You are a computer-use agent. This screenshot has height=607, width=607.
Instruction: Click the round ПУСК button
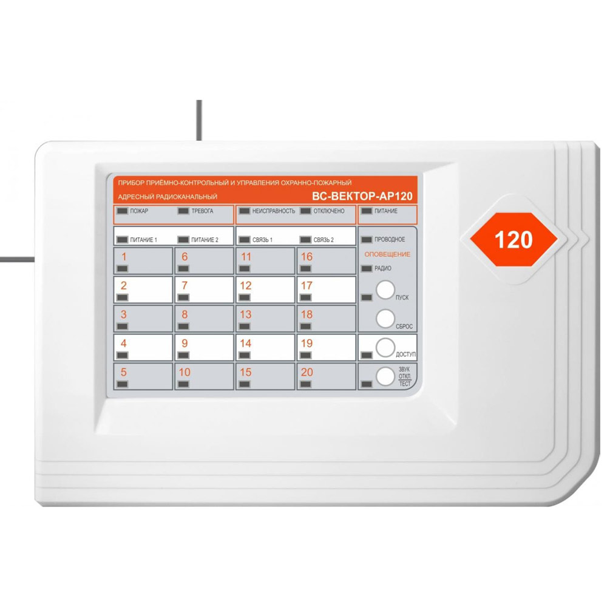tap(385, 290)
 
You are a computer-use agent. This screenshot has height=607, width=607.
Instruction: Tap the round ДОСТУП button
tap(385, 348)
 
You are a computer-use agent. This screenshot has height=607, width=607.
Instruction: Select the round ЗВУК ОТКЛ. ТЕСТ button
tap(385, 376)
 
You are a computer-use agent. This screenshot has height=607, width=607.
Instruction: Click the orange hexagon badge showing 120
tap(514, 240)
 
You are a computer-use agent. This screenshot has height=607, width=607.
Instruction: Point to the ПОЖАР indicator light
tap(123, 211)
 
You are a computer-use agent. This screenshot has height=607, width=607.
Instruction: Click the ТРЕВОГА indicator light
tap(183, 211)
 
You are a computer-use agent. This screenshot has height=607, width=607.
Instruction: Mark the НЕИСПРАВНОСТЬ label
tap(274, 211)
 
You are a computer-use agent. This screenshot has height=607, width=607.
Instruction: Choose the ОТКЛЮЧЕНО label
tap(329, 211)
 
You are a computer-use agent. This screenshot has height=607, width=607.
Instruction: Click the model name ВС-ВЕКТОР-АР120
tap(362, 196)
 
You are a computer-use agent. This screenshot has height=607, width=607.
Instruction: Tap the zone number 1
tap(124, 257)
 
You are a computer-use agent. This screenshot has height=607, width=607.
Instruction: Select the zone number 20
tap(307, 373)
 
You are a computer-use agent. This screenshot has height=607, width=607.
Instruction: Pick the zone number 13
tap(246, 314)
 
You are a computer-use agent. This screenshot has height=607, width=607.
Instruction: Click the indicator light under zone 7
tap(183, 297)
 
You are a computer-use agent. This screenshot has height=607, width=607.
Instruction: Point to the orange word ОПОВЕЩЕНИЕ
tap(387, 254)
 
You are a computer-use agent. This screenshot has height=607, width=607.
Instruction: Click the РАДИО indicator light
tap(367, 268)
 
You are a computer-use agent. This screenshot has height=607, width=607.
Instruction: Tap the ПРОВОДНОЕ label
tap(390, 240)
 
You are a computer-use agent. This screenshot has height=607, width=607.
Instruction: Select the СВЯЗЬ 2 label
tap(324, 240)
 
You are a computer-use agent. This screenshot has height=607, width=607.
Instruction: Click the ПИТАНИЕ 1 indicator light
tap(123, 240)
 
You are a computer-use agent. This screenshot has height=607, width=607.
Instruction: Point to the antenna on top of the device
tap(199, 120)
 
